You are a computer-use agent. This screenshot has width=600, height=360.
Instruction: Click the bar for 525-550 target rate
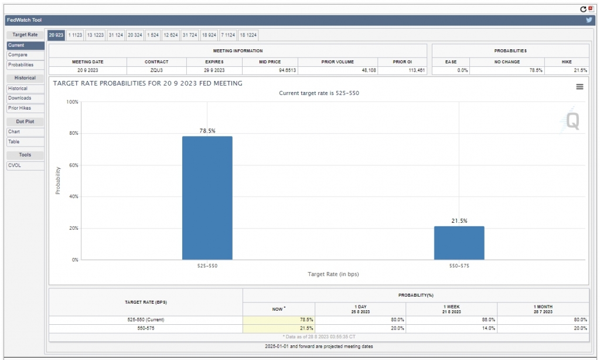pyautogui.click(x=207, y=198)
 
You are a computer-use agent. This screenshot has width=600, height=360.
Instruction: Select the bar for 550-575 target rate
pyautogui.click(x=459, y=243)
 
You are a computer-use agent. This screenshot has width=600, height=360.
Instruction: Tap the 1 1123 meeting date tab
pyautogui.click(x=76, y=35)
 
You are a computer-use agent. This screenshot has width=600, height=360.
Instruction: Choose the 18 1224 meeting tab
pyautogui.click(x=248, y=35)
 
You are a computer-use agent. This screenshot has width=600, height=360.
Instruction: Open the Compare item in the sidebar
pyautogui.click(x=18, y=55)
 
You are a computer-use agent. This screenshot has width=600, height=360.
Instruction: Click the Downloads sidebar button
pyautogui.click(x=19, y=98)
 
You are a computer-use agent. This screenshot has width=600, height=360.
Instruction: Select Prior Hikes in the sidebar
pyautogui.click(x=19, y=108)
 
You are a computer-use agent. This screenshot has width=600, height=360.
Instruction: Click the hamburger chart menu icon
pyautogui.click(x=579, y=87)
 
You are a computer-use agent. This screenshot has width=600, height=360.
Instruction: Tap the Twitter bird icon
pyautogui.click(x=589, y=20)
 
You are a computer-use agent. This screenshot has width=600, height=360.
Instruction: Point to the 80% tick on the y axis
pyautogui.click(x=73, y=134)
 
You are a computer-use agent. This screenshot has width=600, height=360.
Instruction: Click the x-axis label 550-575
pyautogui.click(x=459, y=266)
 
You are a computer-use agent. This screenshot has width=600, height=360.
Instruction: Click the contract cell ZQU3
pyautogui.click(x=156, y=70)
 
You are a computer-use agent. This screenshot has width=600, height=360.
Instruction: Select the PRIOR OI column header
pyautogui.click(x=402, y=62)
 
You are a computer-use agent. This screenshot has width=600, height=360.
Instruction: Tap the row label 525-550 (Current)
pyautogui.click(x=145, y=320)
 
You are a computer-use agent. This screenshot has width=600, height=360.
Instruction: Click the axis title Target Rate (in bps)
pyautogui.click(x=333, y=274)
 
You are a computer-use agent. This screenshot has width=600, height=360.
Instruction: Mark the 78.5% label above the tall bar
pyautogui.click(x=207, y=131)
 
